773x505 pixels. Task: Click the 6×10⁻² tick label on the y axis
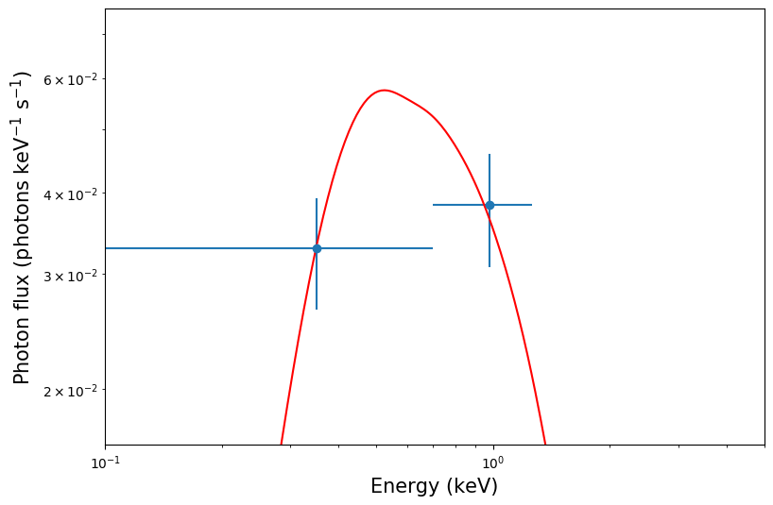click(73, 78)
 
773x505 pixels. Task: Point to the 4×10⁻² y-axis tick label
click(73, 194)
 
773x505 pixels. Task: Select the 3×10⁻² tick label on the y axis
click(73, 276)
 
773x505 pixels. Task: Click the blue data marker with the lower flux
click(317, 248)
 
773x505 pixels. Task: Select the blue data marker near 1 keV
click(490, 205)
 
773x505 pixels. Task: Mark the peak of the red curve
click(384, 91)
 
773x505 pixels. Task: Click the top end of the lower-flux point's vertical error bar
click(317, 199)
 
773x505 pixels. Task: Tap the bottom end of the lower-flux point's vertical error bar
click(317, 309)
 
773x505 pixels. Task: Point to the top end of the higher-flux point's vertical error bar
click(490, 155)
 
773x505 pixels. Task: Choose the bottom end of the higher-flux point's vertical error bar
click(490, 267)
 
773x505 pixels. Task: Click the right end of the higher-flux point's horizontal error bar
click(532, 205)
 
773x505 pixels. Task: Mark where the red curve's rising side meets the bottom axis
click(281, 444)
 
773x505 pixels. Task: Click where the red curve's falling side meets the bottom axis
click(545, 444)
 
